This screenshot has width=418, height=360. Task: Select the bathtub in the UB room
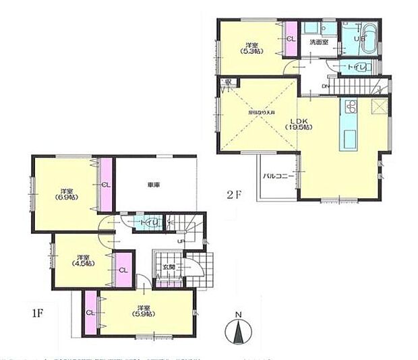point(367,36)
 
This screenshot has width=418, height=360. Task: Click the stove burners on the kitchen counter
point(351,107)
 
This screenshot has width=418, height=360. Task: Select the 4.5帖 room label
point(82,260)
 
